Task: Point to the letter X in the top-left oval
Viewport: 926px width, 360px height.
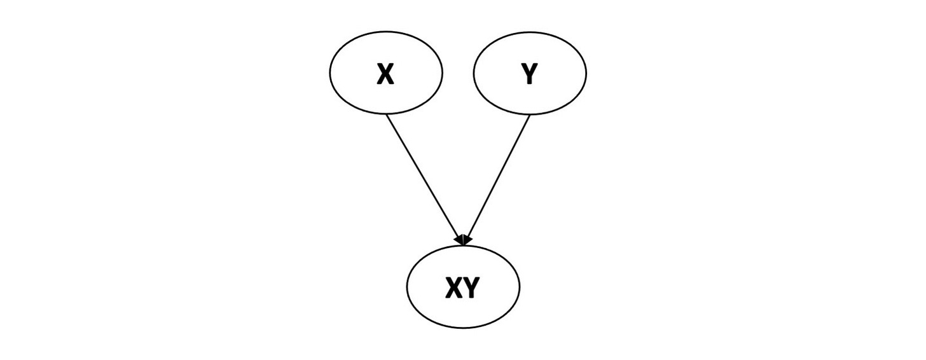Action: tap(385, 75)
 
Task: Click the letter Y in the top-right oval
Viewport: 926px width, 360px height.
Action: tap(529, 75)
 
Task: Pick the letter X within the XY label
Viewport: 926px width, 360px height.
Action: tap(454, 289)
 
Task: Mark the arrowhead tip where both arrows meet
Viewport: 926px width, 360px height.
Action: tap(464, 244)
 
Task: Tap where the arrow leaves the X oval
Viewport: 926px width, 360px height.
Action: tap(386, 115)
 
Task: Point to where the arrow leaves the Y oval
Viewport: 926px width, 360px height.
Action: tap(529, 115)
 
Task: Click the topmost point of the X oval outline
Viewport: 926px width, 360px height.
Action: tap(385, 31)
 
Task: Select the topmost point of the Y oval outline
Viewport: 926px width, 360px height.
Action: tap(530, 31)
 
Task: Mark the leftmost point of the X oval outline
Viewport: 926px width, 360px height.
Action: tap(329, 73)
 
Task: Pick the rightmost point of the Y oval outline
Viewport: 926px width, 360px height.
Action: tap(586, 73)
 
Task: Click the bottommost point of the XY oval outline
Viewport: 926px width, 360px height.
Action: tap(463, 328)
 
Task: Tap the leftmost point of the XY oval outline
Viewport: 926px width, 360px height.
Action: tap(407, 287)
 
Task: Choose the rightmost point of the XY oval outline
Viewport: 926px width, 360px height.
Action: tap(520, 287)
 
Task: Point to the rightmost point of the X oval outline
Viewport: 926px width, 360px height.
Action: tap(442, 73)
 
